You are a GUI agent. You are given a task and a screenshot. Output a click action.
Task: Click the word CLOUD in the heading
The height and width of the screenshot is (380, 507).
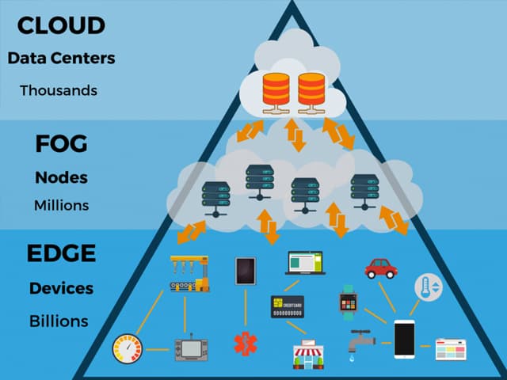(61, 25)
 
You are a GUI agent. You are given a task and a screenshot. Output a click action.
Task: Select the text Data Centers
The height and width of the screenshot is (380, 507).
(62, 59)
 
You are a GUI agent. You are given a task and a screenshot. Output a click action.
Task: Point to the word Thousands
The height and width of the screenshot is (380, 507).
(59, 90)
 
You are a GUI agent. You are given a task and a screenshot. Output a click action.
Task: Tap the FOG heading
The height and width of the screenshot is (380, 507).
(60, 145)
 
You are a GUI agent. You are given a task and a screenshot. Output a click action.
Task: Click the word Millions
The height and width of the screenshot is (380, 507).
(61, 206)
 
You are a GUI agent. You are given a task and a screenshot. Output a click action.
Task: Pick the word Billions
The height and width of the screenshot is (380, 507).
(59, 321)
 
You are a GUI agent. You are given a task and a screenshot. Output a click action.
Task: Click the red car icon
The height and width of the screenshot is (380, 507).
(380, 268)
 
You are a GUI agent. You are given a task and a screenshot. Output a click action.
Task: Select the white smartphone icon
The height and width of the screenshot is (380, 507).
(405, 340)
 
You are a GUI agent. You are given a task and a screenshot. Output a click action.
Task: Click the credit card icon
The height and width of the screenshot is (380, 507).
(288, 307)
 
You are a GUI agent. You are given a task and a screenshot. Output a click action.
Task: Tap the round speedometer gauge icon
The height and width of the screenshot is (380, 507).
(128, 348)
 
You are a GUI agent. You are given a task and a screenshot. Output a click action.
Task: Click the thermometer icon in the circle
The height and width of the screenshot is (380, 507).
(429, 287)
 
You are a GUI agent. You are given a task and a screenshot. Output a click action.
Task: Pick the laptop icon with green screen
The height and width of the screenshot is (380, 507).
(305, 262)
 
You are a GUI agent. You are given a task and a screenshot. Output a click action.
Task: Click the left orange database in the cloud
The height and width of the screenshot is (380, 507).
(276, 93)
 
